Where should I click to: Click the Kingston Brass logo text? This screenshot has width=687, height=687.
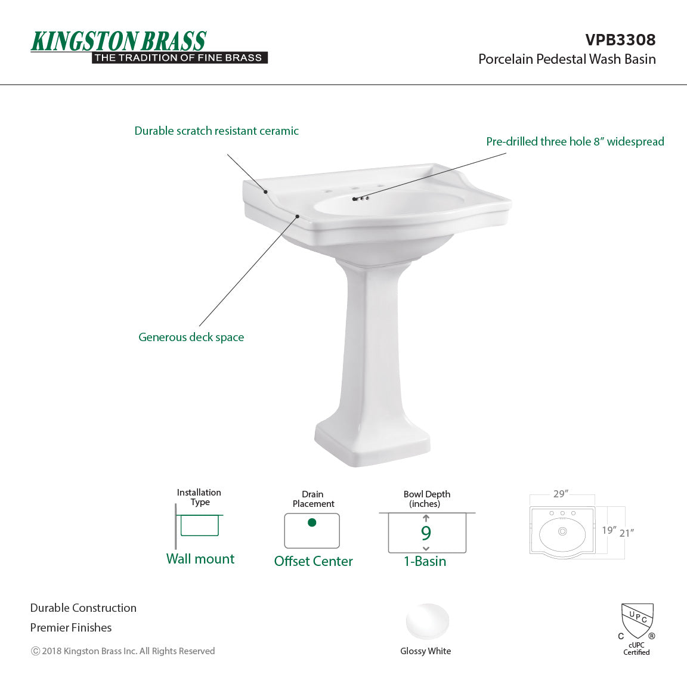pos(119,41)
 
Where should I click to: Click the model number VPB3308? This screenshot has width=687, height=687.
pos(620,40)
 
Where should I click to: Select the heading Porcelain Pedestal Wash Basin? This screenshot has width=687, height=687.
pos(567,59)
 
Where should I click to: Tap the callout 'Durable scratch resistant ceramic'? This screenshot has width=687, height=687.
pos(216,131)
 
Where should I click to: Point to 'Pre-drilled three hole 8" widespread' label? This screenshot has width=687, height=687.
pos(575,142)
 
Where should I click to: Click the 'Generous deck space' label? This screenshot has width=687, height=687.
pos(191,338)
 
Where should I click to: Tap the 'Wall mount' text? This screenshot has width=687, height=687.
pos(200,559)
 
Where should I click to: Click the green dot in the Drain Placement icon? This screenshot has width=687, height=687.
pos(312,523)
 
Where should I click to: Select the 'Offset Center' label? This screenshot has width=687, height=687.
pos(313,561)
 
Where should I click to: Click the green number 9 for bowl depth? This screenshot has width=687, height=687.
pos(426,533)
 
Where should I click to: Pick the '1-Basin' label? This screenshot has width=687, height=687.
pos(425,561)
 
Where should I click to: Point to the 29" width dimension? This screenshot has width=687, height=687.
pos(561,494)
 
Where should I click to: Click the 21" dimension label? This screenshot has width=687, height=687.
pos(626,533)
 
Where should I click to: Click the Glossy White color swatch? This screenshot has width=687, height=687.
pos(427,622)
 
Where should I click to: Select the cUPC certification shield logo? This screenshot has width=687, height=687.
pos(637,620)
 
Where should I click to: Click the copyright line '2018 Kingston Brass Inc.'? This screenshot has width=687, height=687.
pos(123,651)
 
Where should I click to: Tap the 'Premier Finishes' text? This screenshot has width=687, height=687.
pos(71,628)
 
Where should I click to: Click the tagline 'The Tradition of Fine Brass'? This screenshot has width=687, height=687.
pos(178,58)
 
